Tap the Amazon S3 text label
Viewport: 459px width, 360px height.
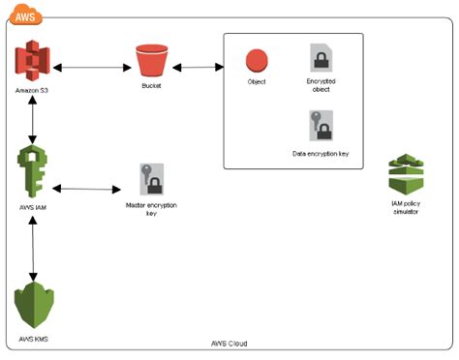[34, 90]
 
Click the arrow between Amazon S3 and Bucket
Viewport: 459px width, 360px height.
[90, 69]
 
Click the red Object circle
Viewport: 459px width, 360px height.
[257, 61]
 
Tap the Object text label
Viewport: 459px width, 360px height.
[257, 82]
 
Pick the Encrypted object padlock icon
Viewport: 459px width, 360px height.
[320, 57]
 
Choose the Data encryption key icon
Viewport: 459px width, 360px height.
[320, 127]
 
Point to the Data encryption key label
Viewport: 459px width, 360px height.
[320, 153]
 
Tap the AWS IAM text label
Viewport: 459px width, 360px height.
[34, 206]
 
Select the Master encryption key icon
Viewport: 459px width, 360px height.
[151, 180]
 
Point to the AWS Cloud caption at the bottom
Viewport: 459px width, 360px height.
[230, 345]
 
